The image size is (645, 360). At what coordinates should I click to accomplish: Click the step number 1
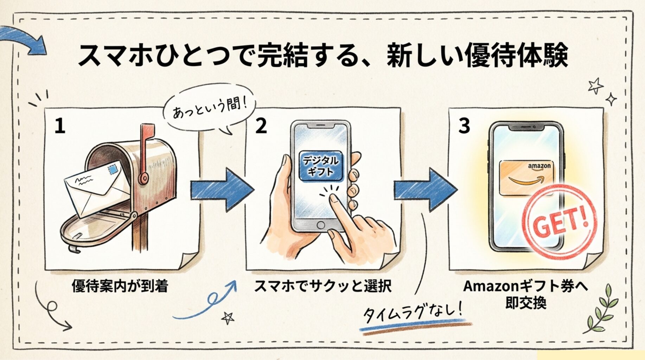coord(60,126)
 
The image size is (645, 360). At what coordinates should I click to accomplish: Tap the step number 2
coord(261,126)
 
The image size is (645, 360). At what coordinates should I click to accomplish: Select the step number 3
coord(464,126)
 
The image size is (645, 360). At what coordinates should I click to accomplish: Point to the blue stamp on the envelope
coord(113,170)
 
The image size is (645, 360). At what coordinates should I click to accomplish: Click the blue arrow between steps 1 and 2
coord(222,190)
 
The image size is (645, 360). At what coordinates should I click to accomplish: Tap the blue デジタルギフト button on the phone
coord(320,166)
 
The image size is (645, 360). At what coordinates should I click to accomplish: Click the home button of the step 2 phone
coord(320,225)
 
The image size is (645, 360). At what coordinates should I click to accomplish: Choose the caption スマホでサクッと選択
coord(322,286)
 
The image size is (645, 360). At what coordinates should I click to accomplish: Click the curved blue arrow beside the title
coord(25,39)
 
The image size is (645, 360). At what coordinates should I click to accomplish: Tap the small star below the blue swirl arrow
coord(228,318)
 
